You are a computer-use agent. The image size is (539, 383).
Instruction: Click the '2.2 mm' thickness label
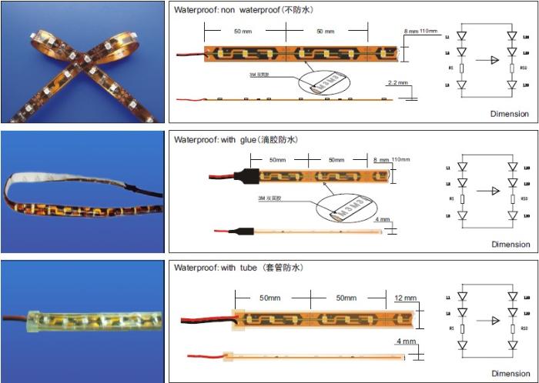tap(397, 82)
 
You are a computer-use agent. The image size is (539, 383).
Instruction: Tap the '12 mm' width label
tap(405, 298)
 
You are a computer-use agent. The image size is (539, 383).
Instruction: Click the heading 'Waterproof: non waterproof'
tap(243, 10)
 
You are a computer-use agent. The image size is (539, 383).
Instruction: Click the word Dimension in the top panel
tap(510, 114)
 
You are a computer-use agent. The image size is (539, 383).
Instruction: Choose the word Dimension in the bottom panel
tap(510, 372)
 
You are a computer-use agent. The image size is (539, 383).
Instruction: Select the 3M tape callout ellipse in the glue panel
tap(339, 210)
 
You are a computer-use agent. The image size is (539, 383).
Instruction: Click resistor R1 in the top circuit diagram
tap(461, 68)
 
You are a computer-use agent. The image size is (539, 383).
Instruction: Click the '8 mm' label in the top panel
tap(411, 31)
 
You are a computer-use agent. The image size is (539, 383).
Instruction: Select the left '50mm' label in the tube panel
tap(273, 297)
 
